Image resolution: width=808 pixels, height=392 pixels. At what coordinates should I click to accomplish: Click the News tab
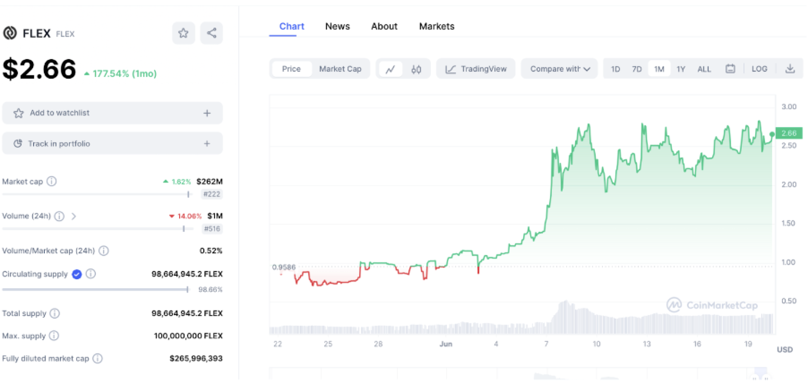tap(337, 26)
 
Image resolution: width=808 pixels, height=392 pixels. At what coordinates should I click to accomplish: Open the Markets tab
tap(436, 26)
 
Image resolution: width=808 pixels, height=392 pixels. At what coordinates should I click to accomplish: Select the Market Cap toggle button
tap(340, 69)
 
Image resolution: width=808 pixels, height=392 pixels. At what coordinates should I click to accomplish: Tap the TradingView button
tap(476, 69)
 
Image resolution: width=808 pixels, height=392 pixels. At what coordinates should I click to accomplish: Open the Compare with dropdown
tap(559, 69)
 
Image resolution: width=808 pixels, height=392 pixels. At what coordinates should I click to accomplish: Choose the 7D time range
tap(637, 69)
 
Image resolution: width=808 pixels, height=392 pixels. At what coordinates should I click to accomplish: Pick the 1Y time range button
tap(681, 69)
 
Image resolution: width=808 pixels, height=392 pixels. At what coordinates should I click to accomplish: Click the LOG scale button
tap(759, 69)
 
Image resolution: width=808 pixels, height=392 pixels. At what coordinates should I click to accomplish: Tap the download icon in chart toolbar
tap(790, 69)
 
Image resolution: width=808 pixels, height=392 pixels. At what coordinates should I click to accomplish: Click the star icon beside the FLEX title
tap(183, 33)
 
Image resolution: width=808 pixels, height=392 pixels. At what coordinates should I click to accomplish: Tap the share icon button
tap(211, 33)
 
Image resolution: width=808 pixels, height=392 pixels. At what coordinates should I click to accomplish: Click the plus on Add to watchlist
tap(207, 114)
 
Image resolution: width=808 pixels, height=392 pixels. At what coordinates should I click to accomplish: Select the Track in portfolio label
tap(59, 144)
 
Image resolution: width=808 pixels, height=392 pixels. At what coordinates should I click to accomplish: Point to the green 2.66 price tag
tap(789, 133)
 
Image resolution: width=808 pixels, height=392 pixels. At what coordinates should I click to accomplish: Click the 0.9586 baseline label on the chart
tap(284, 267)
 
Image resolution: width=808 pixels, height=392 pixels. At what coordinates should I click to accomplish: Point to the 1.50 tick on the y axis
tap(788, 223)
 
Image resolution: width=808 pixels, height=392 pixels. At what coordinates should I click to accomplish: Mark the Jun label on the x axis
tap(446, 344)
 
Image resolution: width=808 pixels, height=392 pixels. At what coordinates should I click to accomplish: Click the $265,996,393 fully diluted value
tap(196, 358)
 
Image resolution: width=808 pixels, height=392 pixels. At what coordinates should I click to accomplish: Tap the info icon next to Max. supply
tap(54, 336)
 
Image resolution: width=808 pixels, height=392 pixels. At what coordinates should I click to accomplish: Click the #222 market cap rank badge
tap(212, 194)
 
